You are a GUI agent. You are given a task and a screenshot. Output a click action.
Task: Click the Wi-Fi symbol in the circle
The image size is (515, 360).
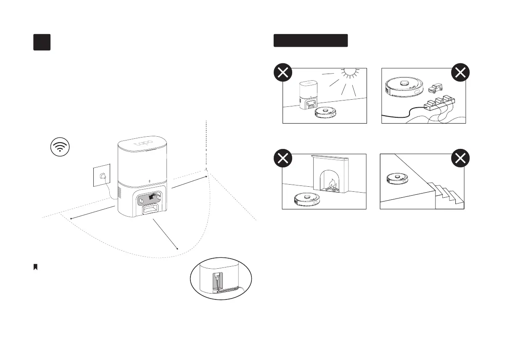coord(60,147)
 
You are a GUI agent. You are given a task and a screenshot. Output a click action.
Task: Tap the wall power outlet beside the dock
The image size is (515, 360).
coord(101,176)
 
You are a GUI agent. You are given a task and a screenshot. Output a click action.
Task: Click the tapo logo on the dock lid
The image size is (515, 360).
coord(143,142)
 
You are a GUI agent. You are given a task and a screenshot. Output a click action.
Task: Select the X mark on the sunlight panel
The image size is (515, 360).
coord(284,73)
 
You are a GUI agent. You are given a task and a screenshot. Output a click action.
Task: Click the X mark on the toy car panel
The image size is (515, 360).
coord(461,73)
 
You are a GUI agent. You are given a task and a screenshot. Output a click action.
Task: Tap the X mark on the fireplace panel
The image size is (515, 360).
coord(284,159)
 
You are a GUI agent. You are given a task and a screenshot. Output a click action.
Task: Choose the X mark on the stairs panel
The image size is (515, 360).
coord(461,159)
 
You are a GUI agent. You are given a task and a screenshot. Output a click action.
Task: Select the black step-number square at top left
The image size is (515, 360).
coord(42,42)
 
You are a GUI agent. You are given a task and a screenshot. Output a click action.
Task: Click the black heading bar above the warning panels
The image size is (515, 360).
coord(311,40)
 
